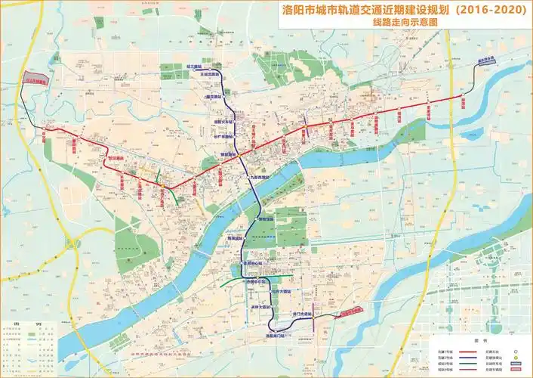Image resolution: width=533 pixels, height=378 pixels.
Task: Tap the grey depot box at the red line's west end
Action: (35, 78)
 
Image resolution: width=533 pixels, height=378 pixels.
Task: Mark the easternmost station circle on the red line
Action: (462, 98)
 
